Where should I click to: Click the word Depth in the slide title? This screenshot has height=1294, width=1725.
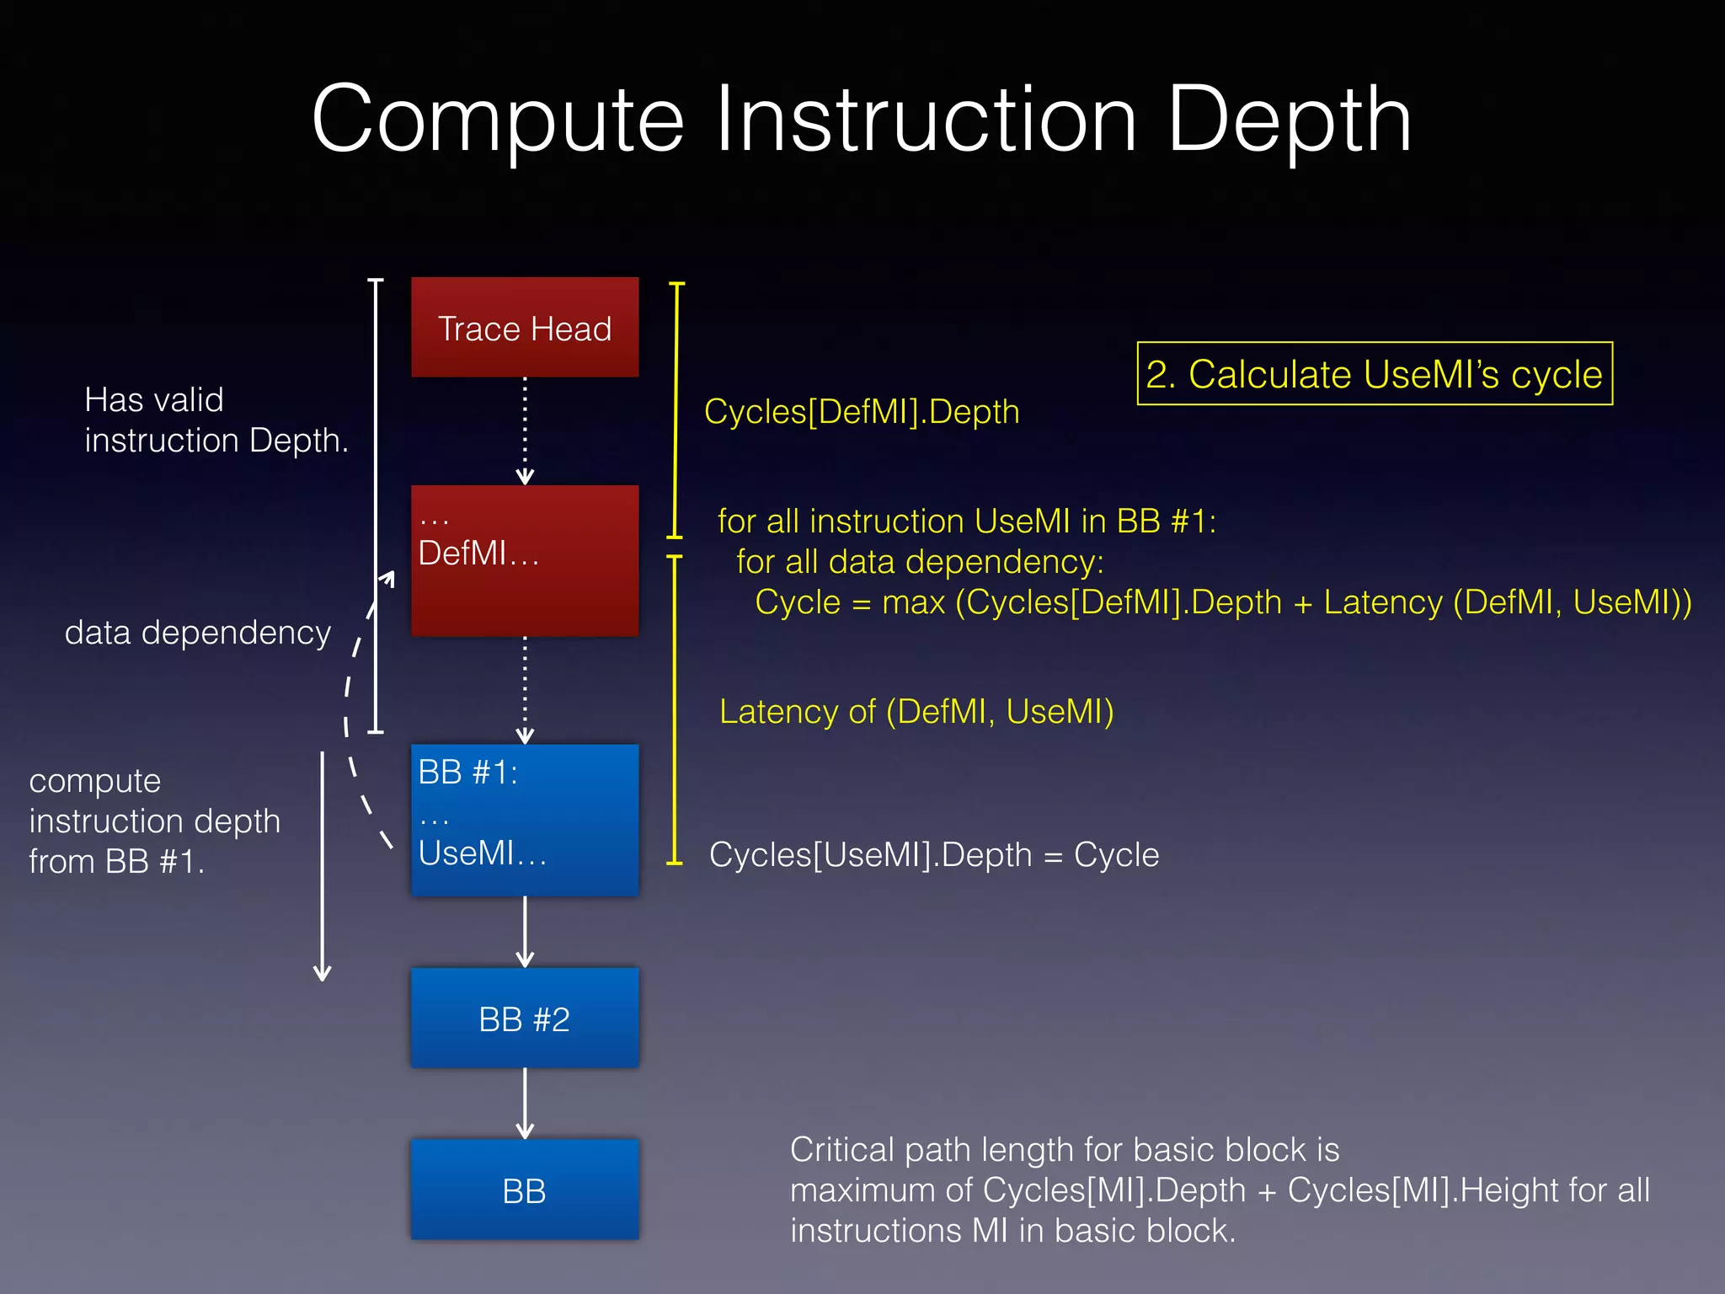point(1289,120)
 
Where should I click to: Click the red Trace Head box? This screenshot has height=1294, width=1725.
point(524,328)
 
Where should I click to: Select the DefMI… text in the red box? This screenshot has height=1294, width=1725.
point(478,553)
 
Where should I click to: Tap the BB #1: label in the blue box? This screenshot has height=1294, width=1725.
point(467,772)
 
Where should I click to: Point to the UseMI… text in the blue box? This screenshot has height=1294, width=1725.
point(482,853)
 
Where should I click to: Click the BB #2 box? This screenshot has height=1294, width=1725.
point(524,1019)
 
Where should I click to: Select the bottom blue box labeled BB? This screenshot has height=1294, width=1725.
point(524,1190)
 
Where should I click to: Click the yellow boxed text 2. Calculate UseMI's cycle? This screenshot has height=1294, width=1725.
point(1374,374)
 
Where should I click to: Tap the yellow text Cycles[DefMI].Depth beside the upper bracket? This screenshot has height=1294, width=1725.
point(861,412)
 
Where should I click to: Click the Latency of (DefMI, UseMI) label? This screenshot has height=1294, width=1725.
point(916,712)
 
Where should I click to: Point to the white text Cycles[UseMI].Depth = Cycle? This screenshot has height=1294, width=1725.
point(933,855)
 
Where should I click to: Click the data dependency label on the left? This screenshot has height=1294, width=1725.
point(198,633)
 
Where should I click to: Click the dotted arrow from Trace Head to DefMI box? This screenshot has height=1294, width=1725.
point(525,430)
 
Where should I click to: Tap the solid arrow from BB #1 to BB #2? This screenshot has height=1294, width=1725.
point(525,931)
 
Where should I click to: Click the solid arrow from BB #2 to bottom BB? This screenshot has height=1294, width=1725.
point(525,1103)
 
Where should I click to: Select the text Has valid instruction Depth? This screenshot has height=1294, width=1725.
point(216,420)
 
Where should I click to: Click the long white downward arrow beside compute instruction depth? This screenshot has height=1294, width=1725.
point(322,868)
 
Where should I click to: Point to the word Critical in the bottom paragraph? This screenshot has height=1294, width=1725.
point(841,1150)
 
